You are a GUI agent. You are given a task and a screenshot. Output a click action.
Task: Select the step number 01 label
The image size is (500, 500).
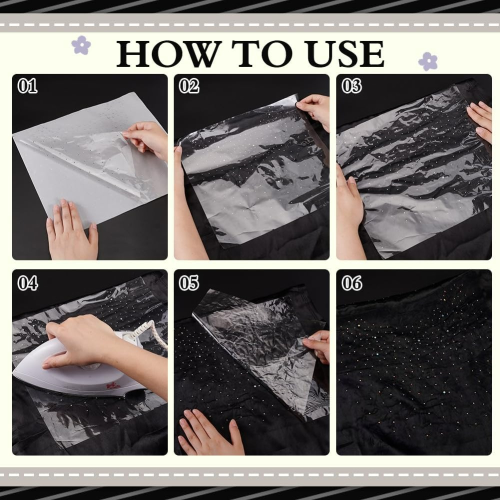point(27,86)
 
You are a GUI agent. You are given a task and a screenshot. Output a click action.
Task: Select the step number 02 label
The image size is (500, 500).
point(189,86)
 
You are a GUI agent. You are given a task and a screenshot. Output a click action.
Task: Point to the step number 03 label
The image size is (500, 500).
point(351,86)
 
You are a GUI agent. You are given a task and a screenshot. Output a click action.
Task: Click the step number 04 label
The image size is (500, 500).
point(27,283)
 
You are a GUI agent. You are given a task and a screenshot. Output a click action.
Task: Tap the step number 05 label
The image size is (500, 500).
point(189,283)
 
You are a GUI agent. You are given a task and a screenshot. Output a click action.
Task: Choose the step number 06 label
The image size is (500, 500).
point(351,283)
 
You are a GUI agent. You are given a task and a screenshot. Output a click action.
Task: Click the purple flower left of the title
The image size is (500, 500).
point(81,45)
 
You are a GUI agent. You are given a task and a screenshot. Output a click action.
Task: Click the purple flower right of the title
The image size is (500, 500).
point(428,61)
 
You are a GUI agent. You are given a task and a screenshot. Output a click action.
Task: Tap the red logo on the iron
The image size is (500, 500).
point(113,386)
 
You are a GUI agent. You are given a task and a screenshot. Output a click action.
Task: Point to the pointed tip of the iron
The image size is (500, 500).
point(14,372)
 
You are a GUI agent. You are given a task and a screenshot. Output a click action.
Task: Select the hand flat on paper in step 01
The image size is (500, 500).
point(71,229)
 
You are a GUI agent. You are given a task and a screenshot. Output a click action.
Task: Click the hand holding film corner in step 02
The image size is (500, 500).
point(314,110)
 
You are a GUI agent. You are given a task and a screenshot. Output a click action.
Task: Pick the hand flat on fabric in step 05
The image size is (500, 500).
point(210,432)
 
